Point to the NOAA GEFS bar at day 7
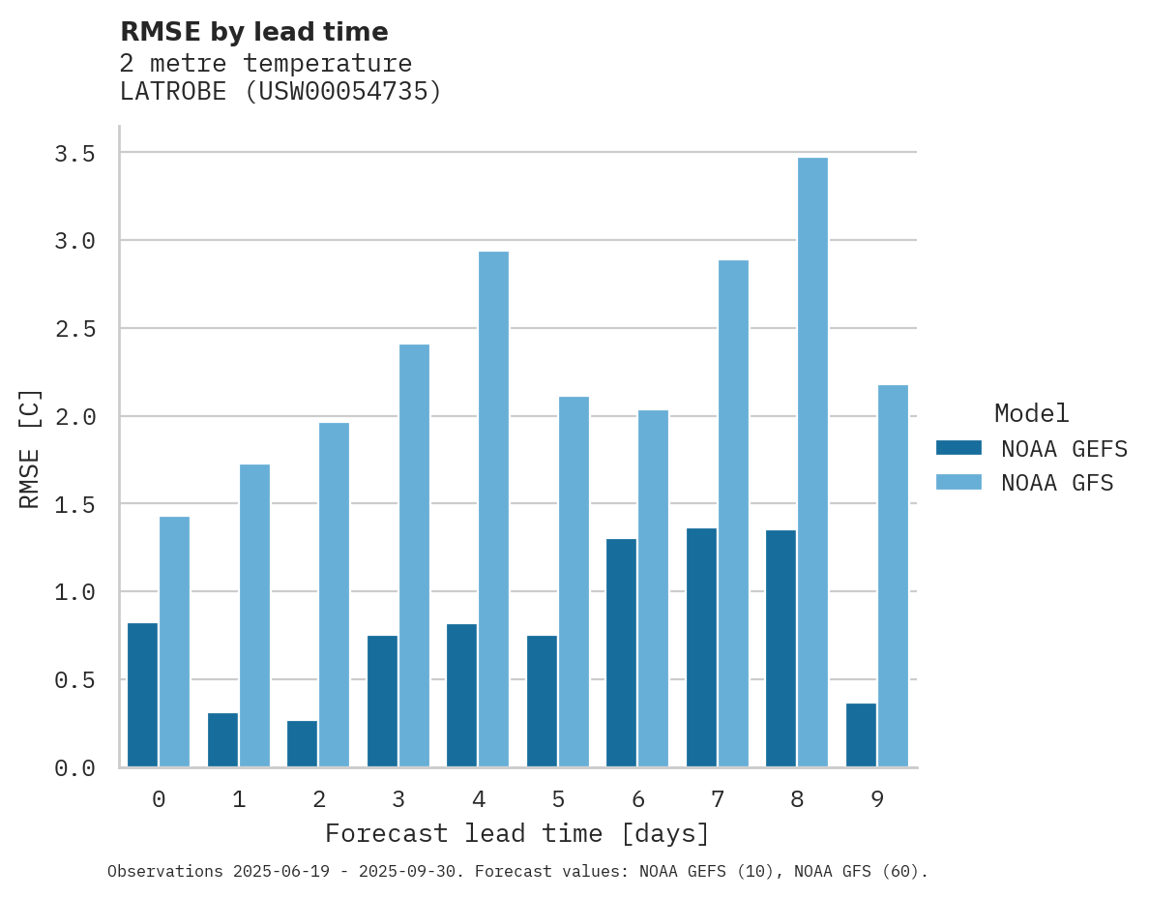[701, 647]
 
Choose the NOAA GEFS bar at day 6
[621, 652]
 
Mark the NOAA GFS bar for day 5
[574, 582]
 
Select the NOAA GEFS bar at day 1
[222, 739]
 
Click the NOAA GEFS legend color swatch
[958, 448]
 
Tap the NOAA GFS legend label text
[1057, 483]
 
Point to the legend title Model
[1031, 414]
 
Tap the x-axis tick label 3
[398, 799]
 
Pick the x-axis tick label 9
[876, 799]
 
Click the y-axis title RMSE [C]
[30, 447]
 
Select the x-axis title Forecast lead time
[516, 833]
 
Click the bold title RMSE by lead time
[253, 32]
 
